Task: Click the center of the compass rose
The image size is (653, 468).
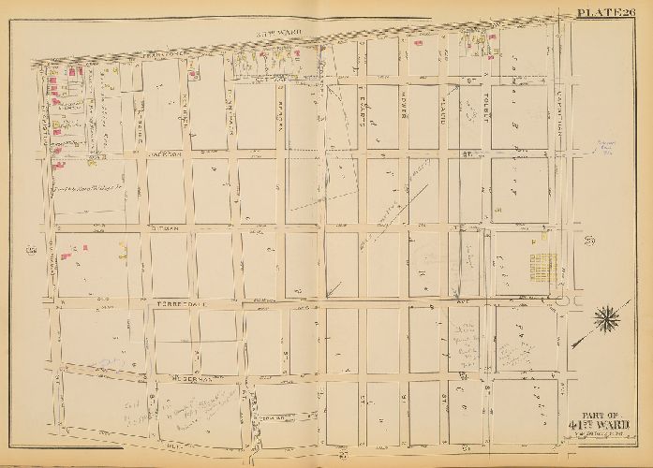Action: click(606, 317)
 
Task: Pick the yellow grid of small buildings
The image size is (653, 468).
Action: click(542, 261)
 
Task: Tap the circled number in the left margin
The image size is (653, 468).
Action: click(31, 249)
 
